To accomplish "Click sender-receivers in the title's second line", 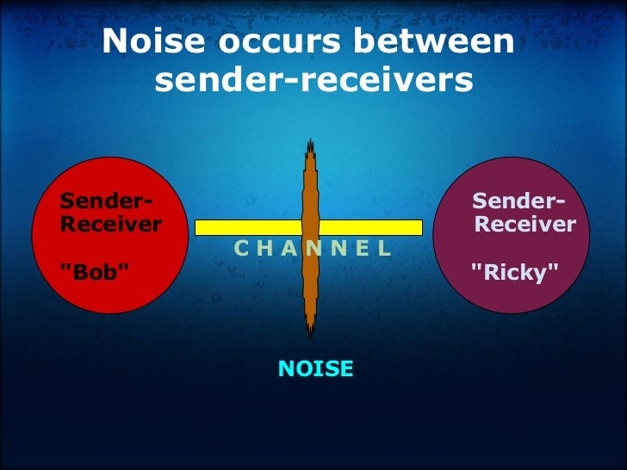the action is click(314, 81).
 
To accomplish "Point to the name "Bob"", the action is click(96, 272).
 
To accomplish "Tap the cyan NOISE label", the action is click(315, 369).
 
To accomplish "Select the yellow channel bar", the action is click(250, 227).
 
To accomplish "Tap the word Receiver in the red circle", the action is click(111, 225).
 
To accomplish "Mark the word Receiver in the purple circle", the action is click(525, 225).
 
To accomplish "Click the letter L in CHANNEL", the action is click(384, 249).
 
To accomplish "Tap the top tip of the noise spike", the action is click(309, 141).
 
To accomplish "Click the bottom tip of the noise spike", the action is click(309, 336).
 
